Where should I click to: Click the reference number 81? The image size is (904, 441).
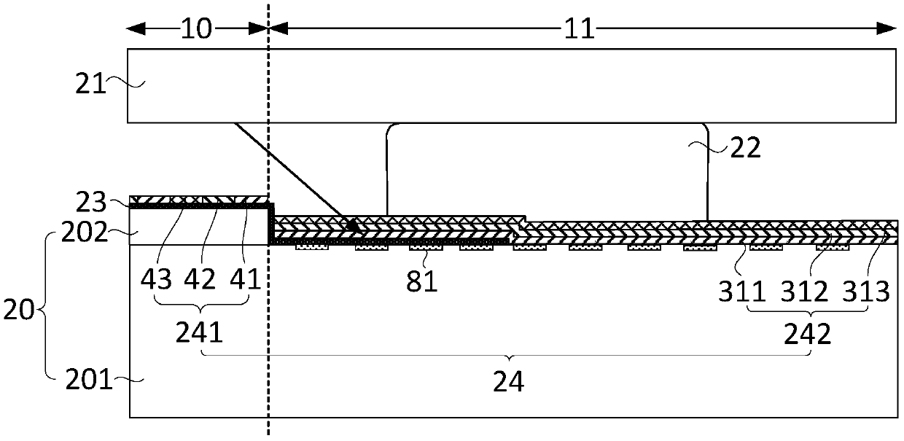tap(421, 281)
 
